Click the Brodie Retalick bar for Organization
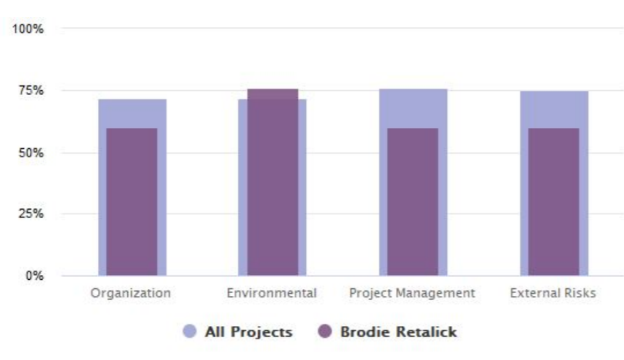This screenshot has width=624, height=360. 132,202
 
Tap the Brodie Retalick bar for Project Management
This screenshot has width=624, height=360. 412,202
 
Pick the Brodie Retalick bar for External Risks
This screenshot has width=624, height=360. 553,202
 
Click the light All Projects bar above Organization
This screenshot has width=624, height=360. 132,113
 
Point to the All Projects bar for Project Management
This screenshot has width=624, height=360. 412,108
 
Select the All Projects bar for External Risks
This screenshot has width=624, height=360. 553,109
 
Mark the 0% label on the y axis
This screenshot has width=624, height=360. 35,275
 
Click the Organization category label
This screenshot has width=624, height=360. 131,294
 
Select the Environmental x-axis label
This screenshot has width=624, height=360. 272,294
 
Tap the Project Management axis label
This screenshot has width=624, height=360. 412,294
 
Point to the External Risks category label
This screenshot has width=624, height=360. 553,294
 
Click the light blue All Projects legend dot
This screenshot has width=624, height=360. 190,332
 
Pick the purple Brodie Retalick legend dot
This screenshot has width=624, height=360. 325,332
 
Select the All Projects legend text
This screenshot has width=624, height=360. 248,332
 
